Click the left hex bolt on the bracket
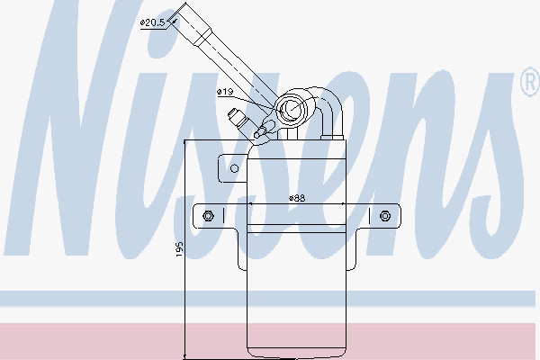click(208, 215)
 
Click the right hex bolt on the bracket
click(385, 215)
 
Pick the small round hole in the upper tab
click(234, 167)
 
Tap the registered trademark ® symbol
click(528, 84)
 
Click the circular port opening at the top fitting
click(294, 111)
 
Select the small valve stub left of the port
click(241, 119)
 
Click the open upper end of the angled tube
click(191, 11)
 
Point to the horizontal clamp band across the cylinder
click(297, 216)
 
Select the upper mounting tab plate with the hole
click(232, 167)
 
